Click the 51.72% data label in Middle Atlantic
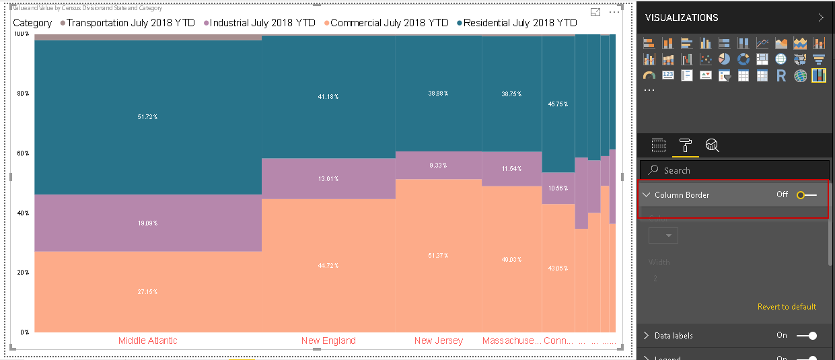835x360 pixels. click(x=148, y=117)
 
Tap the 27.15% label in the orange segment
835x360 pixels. click(x=148, y=292)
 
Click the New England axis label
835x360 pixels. click(x=328, y=340)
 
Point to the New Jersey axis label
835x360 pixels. click(x=439, y=340)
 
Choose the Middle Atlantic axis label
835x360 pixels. click(x=148, y=340)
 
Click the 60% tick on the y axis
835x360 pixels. click(x=23, y=153)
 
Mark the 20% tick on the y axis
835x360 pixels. click(x=23, y=273)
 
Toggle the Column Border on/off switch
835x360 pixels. click(x=806, y=195)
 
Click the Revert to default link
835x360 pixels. click(x=787, y=307)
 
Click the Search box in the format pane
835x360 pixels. click(x=733, y=170)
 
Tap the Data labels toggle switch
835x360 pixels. click(x=806, y=336)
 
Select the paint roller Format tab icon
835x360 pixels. click(x=685, y=145)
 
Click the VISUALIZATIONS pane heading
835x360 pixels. click(x=682, y=17)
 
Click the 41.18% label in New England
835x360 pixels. click(x=328, y=97)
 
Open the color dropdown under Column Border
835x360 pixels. click(x=663, y=236)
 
